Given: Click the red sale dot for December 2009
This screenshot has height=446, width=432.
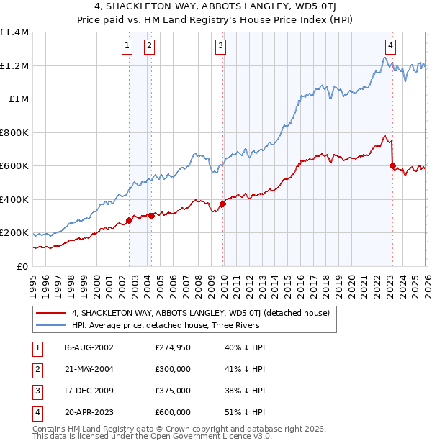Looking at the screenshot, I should coord(222,204).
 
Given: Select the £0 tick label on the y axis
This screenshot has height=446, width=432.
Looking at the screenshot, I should coord(21,266).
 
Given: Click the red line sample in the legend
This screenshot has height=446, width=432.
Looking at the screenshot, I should coord(51,313).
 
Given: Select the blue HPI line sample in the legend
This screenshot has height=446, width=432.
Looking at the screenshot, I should coord(51,325).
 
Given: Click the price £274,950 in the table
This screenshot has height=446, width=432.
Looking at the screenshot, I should coord(173,347).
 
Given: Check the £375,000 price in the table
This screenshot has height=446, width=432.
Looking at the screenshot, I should coord(173,391).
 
